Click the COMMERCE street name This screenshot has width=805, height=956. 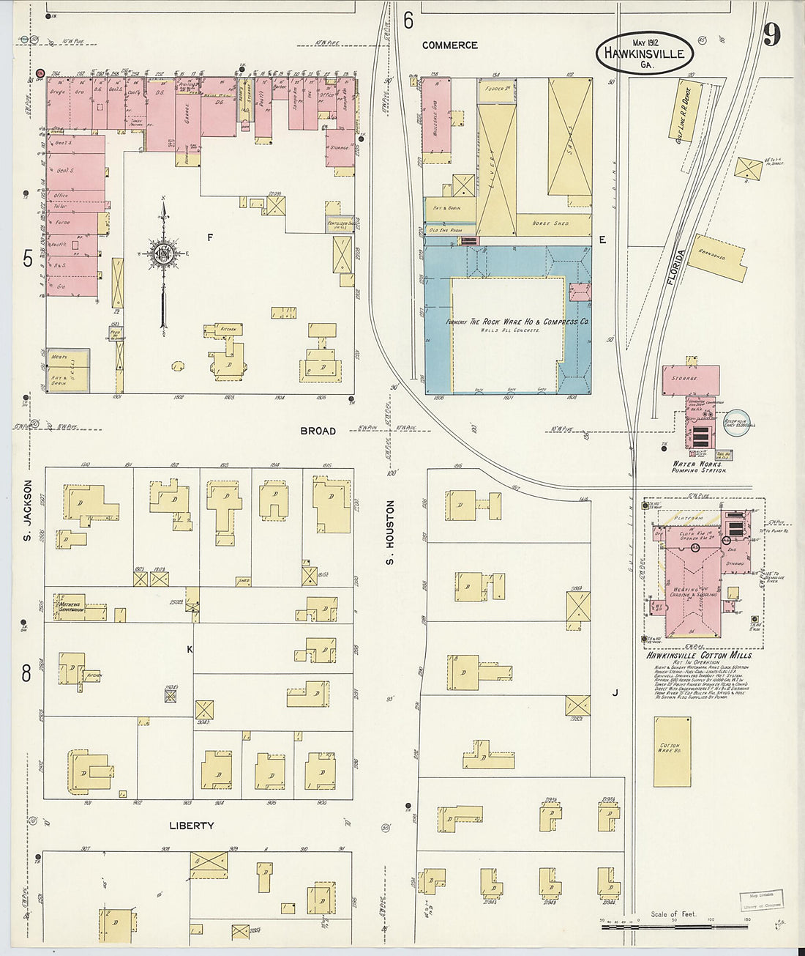click(x=449, y=45)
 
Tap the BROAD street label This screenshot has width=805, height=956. click(x=318, y=431)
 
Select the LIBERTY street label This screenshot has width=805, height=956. click(x=192, y=826)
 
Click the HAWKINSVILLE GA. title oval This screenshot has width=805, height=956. click(x=644, y=53)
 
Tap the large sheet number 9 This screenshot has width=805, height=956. click(x=771, y=34)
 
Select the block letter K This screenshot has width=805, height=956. click(x=190, y=650)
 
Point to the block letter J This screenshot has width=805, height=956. click(x=615, y=691)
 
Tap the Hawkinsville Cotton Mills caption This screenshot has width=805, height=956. click(x=698, y=655)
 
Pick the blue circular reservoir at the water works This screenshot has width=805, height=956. click(x=737, y=423)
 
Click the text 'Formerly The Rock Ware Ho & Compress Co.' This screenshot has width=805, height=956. click(x=519, y=322)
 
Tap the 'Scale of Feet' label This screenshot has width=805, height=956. click(x=674, y=914)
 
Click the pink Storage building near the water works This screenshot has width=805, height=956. click(x=690, y=379)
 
